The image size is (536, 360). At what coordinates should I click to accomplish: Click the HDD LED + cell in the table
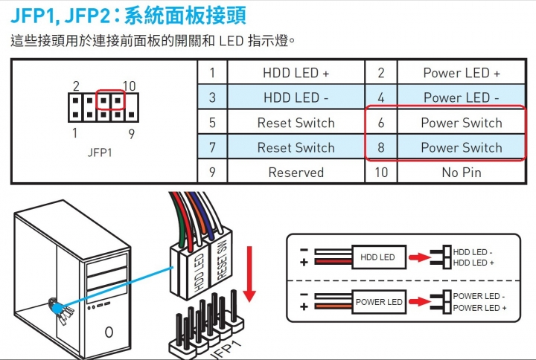(296, 73)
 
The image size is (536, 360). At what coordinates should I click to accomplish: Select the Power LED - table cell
(461, 97)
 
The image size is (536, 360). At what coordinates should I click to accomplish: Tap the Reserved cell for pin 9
(296, 172)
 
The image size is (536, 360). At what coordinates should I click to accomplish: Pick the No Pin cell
(461, 172)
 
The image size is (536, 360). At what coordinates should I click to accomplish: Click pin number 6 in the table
(381, 123)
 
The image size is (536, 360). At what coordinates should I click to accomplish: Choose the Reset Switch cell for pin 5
(296, 123)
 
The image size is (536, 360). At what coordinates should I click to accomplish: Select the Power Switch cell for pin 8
(461, 147)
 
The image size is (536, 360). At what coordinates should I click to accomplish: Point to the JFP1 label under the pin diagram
(100, 152)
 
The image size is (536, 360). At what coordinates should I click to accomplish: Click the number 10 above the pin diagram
(130, 86)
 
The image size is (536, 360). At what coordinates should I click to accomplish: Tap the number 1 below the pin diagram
(75, 132)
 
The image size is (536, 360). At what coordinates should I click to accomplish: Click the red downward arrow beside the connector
(249, 274)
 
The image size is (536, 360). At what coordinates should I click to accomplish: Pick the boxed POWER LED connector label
(379, 302)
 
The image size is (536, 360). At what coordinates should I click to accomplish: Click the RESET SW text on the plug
(222, 260)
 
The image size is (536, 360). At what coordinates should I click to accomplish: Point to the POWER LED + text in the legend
(479, 308)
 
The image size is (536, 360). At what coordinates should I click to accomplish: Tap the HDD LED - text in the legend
(473, 252)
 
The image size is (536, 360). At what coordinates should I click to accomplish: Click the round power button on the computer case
(109, 332)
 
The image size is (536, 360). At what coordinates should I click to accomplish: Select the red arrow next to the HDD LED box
(420, 257)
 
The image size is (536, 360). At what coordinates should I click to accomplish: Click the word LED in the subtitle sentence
(231, 41)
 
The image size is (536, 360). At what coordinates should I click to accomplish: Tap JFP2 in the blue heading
(88, 16)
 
